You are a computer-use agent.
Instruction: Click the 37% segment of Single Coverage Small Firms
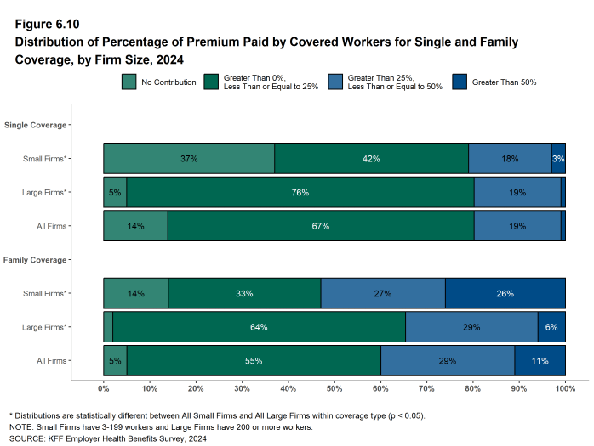pyautogui.click(x=189, y=159)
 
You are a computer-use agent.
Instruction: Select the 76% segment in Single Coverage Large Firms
pyautogui.click(x=300, y=193)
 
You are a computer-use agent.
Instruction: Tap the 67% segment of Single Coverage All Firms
pyautogui.click(x=320, y=227)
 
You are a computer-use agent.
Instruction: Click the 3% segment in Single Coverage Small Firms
pyautogui.click(x=558, y=159)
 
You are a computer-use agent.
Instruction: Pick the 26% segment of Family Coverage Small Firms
pyautogui.click(x=505, y=293)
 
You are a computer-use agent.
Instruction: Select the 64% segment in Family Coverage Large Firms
pyautogui.click(x=259, y=327)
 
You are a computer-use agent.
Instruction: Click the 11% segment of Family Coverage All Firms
pyautogui.click(x=540, y=361)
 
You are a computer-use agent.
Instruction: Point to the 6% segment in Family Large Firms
pyautogui.click(x=551, y=327)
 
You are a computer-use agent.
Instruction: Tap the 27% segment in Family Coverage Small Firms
pyautogui.click(x=382, y=293)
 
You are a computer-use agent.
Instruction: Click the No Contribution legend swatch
pyautogui.click(x=129, y=82)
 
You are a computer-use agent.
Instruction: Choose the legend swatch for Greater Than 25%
pyautogui.click(x=335, y=82)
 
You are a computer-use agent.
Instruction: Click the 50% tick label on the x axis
pyautogui.click(x=334, y=389)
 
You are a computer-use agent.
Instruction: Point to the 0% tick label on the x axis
pyautogui.click(x=104, y=389)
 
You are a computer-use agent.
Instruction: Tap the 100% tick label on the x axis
pyautogui.click(x=565, y=389)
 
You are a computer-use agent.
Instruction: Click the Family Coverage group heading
pyautogui.click(x=35, y=260)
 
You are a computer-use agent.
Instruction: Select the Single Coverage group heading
pyautogui.click(x=35, y=126)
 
